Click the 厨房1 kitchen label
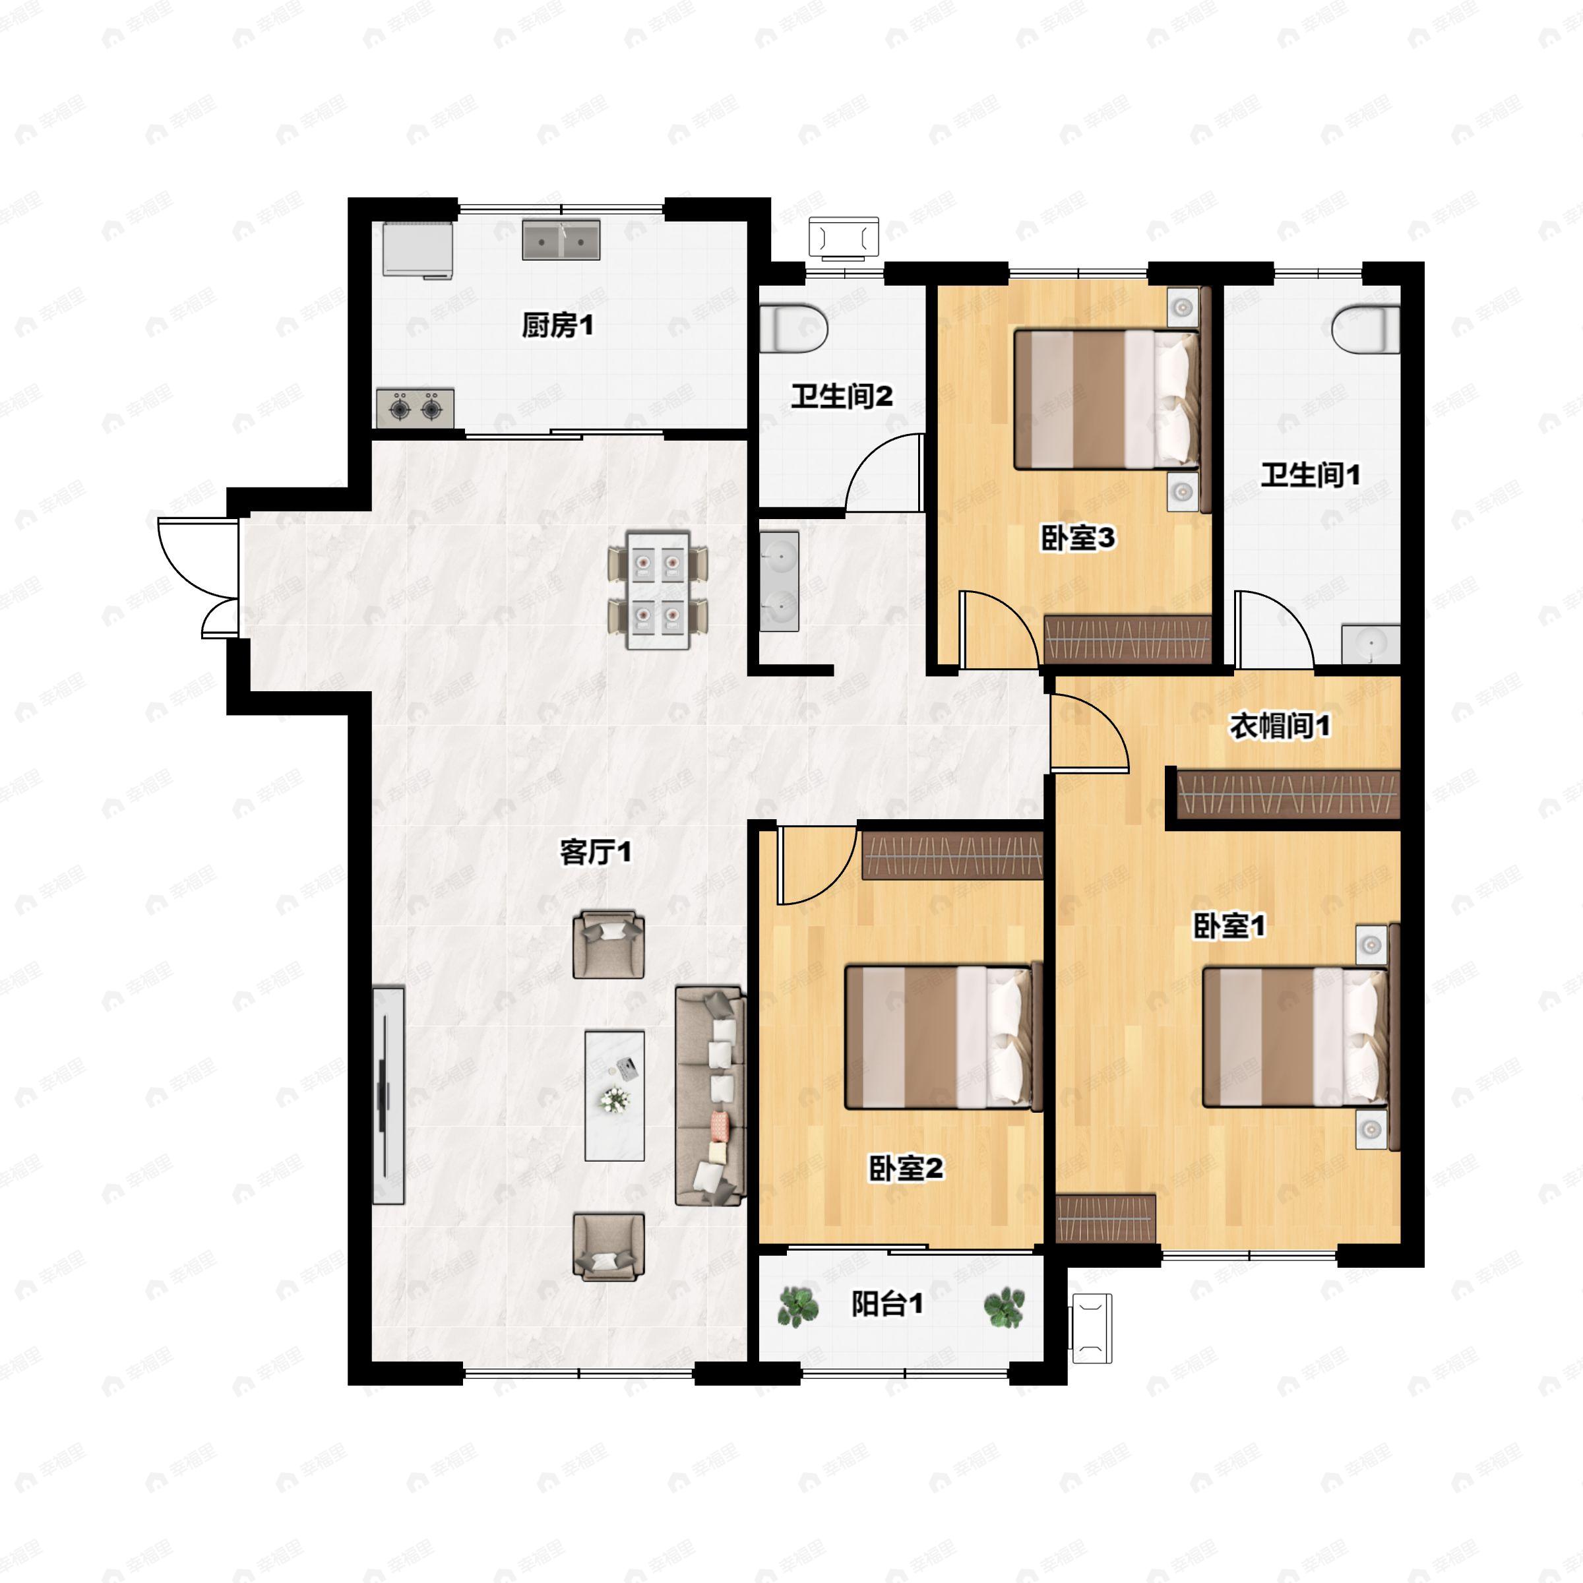[557, 326]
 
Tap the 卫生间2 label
[841, 397]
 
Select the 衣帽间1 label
[1280, 726]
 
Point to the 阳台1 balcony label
[887, 1303]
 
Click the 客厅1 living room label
[596, 854]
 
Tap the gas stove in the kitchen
[416, 407]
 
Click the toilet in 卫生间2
[794, 328]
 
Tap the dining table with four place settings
[658, 590]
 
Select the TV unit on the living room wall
[388, 1096]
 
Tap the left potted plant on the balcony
[797, 1306]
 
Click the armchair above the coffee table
[608, 944]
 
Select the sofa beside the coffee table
[710, 1096]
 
